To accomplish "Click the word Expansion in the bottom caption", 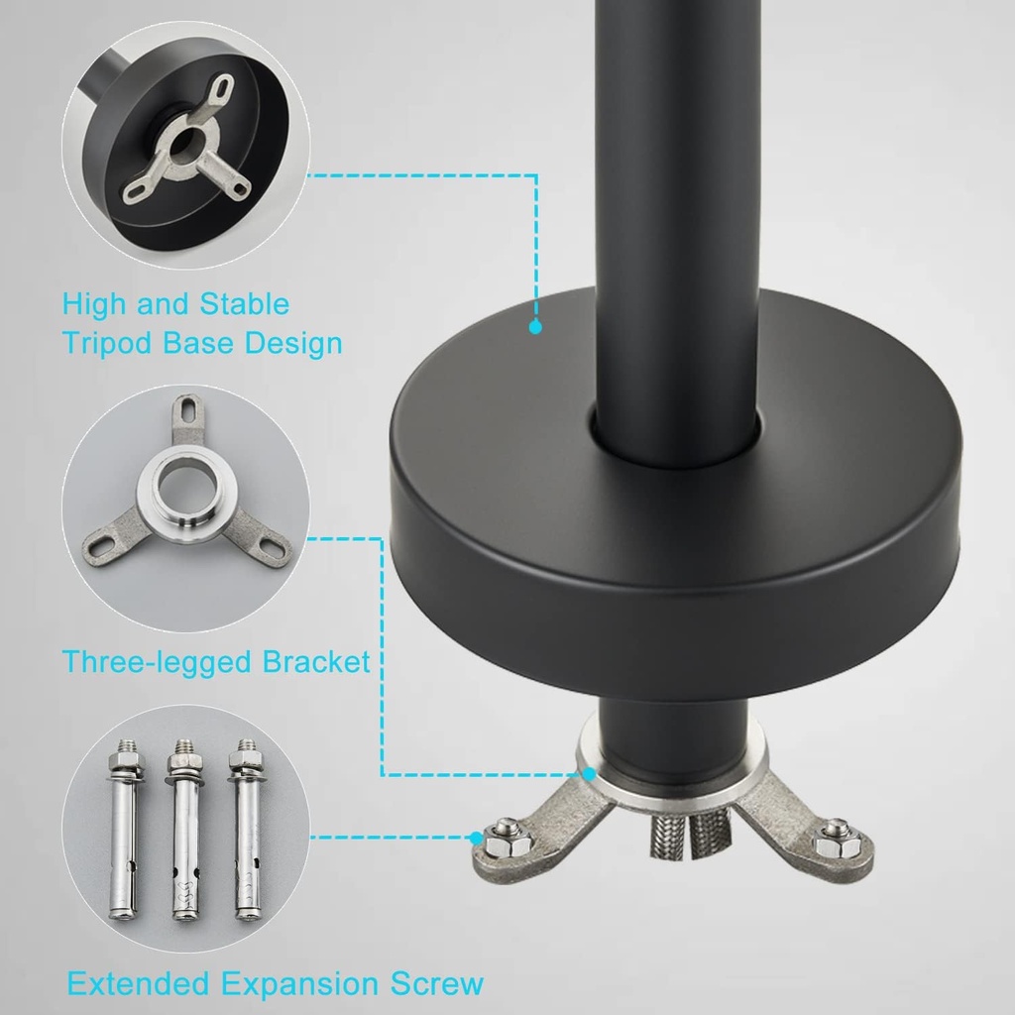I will [x=301, y=984].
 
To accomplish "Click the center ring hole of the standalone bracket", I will [x=188, y=486].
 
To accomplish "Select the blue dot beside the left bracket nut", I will [x=477, y=838].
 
